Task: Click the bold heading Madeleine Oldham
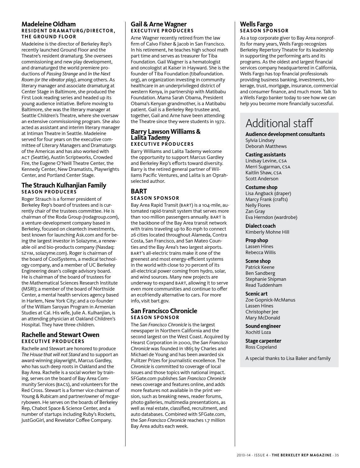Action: click(48, 24)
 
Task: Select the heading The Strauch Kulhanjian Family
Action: click(64, 185)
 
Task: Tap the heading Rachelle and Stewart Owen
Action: click(60, 335)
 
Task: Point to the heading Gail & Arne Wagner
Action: click(159, 24)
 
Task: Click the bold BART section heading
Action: click(139, 191)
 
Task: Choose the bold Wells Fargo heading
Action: click(256, 24)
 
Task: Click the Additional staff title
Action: click(279, 123)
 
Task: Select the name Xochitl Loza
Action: click(258, 332)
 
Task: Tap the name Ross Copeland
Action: click(261, 347)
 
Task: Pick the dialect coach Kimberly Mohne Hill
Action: click(267, 232)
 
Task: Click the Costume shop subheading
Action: click(261, 188)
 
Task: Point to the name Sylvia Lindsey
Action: click(260, 140)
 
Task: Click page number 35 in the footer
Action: click(336, 455)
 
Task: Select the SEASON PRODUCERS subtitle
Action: click(49, 192)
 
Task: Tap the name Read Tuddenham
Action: click(264, 285)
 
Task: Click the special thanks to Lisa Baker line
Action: click(288, 358)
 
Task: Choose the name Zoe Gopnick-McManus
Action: click(270, 300)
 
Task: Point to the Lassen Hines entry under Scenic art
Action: click(259, 306)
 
